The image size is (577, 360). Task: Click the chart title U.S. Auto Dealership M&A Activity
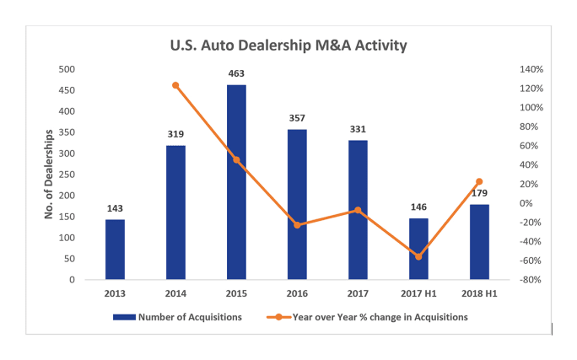289,46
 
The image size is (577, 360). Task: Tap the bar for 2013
115,249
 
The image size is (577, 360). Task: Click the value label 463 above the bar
236,74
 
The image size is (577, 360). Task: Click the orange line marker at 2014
175,85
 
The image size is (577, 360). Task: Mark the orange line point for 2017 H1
418,256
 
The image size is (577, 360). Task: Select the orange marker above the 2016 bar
297,225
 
